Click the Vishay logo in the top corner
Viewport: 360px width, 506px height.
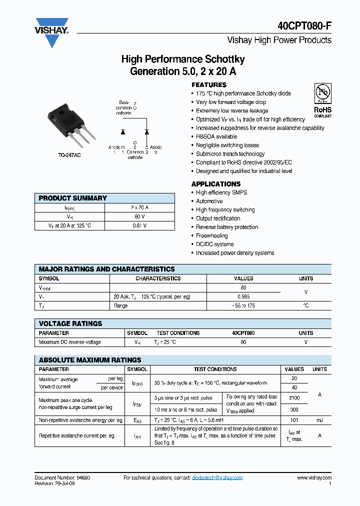coord(51,31)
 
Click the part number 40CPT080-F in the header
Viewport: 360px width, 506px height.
coord(304,26)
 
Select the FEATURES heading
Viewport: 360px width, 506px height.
coord(209,85)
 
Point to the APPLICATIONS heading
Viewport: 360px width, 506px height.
coord(216,184)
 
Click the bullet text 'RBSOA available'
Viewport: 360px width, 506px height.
coord(216,136)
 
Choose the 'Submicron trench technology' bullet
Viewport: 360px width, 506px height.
coord(230,154)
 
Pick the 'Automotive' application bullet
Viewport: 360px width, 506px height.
coord(209,201)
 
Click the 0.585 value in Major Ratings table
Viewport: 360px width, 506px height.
coord(243,296)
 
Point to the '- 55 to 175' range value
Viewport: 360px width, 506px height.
coord(243,305)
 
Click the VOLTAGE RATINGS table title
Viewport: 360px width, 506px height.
coord(70,323)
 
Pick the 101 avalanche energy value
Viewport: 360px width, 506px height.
coord(294,420)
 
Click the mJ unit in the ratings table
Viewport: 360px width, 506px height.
coord(319,420)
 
